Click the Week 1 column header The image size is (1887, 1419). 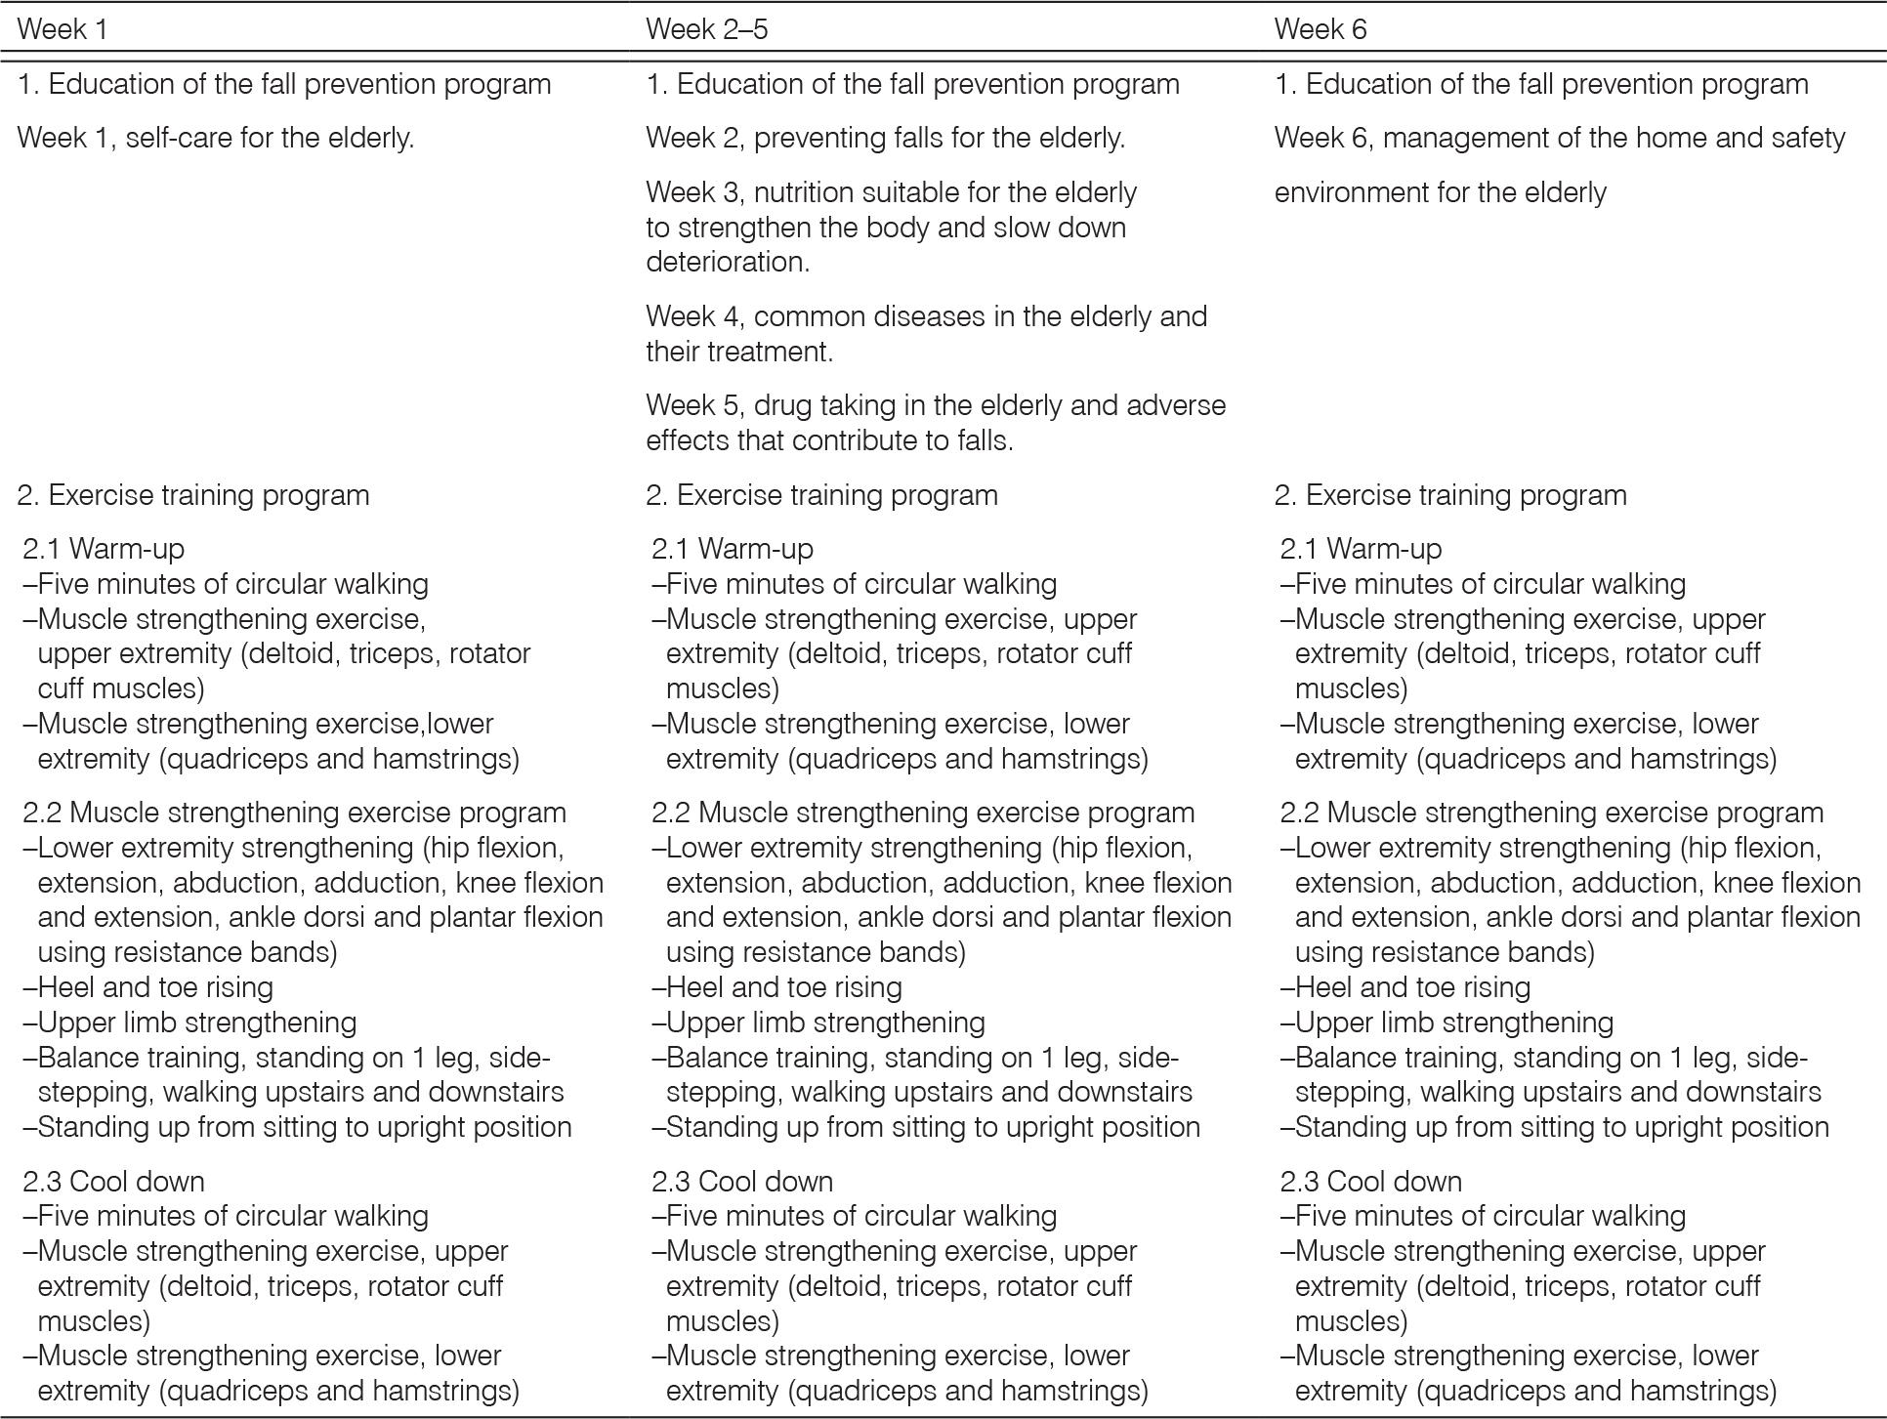[63, 29]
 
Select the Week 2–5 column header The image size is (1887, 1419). [706, 29]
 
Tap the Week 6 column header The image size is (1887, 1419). [1320, 29]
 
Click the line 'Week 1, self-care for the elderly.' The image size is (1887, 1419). [216, 138]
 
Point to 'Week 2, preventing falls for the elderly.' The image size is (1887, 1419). [885, 138]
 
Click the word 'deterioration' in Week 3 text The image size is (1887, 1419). [727, 262]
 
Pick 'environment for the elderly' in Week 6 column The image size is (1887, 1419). [1440, 192]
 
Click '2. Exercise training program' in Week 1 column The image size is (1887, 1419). [193, 495]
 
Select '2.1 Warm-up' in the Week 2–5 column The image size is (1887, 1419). [733, 549]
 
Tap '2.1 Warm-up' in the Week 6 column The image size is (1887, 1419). [1361, 549]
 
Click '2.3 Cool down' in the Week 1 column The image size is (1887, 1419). [113, 1182]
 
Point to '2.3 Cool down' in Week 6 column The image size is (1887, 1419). [1370, 1182]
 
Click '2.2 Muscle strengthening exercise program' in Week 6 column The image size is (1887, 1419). [1551, 813]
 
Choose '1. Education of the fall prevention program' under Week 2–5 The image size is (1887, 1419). [912, 84]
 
